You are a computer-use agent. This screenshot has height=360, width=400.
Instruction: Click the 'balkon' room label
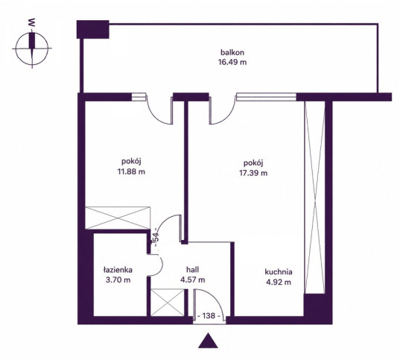pos(232,53)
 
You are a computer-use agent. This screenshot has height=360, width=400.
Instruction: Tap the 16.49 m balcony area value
pos(232,63)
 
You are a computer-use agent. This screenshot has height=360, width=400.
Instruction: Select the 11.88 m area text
pos(131,171)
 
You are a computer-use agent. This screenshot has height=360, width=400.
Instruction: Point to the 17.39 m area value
pos(253,173)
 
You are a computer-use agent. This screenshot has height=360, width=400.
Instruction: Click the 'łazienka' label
pos(118,270)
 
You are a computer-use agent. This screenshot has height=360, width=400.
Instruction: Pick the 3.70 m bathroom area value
pos(118,280)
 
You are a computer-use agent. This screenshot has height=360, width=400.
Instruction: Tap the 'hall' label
pos(193,270)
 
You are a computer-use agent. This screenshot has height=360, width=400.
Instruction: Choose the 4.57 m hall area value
pos(193,280)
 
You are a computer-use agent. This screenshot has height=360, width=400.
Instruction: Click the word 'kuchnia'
pos(279,272)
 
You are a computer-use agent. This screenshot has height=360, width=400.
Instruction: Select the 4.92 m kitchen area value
pos(279,282)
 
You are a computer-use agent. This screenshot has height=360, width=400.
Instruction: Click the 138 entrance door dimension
pos(209,316)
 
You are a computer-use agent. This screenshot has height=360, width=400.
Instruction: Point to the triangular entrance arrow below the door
pos(208,341)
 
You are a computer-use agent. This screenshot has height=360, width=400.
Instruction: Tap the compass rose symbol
pos(32,48)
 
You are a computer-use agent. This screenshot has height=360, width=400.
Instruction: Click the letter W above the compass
pos(31,23)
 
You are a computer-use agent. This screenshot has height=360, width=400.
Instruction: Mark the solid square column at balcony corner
pos(93,29)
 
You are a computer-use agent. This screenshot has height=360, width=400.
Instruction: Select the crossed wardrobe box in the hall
pos(168,303)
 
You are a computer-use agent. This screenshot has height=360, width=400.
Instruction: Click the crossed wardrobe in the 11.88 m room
pos(118,218)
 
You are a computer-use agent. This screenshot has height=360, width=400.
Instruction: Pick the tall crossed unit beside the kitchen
pos(315,197)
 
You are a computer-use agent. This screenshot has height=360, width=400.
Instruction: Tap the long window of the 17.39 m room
pos(266,97)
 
